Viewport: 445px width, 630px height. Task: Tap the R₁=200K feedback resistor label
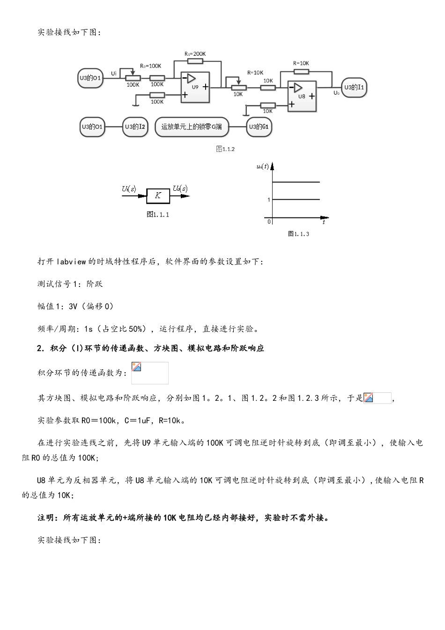195,54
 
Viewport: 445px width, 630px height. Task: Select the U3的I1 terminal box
354,88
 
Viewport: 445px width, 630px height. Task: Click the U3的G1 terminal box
259,127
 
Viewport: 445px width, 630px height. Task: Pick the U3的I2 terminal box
135,127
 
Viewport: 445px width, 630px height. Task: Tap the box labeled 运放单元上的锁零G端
192,127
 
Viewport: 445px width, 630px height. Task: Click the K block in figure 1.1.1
158,195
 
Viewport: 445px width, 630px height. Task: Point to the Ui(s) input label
129,189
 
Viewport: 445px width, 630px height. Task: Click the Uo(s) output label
180,189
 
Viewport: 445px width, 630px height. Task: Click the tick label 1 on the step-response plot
269,200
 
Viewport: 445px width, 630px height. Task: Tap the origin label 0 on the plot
269,222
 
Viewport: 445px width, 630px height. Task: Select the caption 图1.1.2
225,149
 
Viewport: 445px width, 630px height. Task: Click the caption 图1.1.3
298,234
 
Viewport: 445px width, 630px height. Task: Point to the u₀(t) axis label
262,166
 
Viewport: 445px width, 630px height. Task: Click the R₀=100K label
150,66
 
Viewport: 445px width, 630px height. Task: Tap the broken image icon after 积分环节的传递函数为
137,367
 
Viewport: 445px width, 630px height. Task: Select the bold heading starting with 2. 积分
151,348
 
